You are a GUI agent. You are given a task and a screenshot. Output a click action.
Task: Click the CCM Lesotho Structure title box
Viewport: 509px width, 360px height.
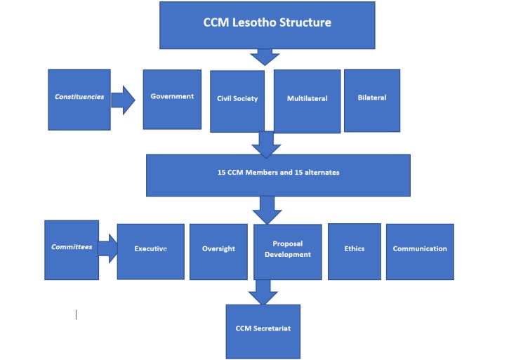coord(267,25)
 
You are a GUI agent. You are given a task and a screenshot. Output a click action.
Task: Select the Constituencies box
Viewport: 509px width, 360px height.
coord(79,99)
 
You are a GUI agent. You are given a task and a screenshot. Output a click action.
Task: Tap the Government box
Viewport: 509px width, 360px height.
coord(172,99)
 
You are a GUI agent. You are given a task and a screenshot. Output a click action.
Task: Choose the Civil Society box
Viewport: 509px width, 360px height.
coord(237,100)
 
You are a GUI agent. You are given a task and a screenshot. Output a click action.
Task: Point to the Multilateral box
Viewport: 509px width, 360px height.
coord(307,100)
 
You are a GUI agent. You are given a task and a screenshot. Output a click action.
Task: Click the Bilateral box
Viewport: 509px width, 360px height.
coord(372,100)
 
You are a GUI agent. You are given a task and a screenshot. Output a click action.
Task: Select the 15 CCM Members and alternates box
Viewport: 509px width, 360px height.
coord(278,175)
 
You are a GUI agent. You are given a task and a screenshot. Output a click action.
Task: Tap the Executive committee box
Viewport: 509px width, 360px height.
coord(150,251)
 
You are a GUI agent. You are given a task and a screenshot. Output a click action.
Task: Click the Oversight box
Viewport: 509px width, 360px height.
coord(218,251)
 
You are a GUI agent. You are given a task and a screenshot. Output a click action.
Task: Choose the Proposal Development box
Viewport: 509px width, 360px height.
coord(288,251)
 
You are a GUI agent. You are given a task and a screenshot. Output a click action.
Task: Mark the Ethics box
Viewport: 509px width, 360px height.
coord(354,251)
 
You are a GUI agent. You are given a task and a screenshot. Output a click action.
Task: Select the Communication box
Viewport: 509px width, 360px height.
coord(420,251)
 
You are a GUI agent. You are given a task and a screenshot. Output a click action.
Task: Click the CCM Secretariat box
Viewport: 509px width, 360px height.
coord(263,331)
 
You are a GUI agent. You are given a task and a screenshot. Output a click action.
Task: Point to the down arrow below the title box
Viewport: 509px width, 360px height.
coord(266,57)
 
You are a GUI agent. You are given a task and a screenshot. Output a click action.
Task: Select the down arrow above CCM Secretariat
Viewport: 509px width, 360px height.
coord(263,291)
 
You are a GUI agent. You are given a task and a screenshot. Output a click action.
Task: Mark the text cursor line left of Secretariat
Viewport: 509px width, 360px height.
coord(76,314)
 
